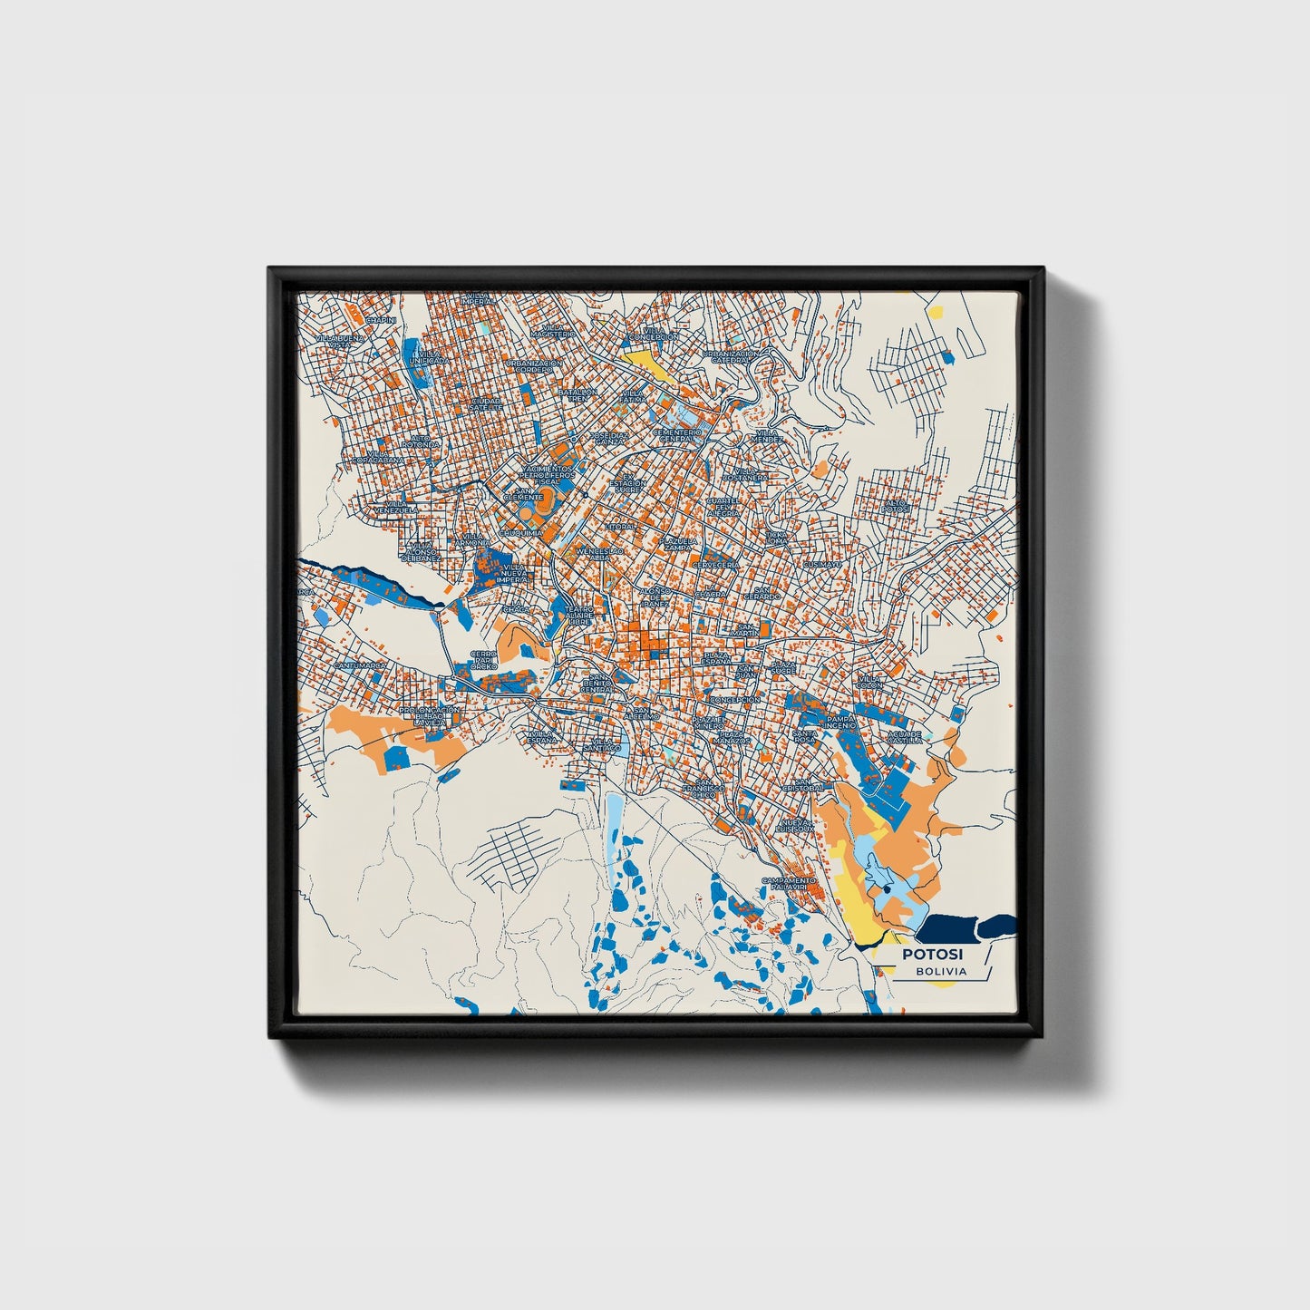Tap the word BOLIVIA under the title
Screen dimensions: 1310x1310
pos(940,972)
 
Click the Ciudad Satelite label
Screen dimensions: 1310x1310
pos(485,403)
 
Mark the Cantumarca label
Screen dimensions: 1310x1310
pos(360,665)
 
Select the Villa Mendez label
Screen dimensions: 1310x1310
pos(766,437)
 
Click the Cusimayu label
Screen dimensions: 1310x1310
pos(821,564)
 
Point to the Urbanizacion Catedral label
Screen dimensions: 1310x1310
pos(729,356)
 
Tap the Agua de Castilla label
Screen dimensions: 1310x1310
pos(904,737)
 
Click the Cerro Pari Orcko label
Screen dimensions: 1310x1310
pos(484,659)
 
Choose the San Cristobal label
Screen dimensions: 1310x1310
pos(809,785)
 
